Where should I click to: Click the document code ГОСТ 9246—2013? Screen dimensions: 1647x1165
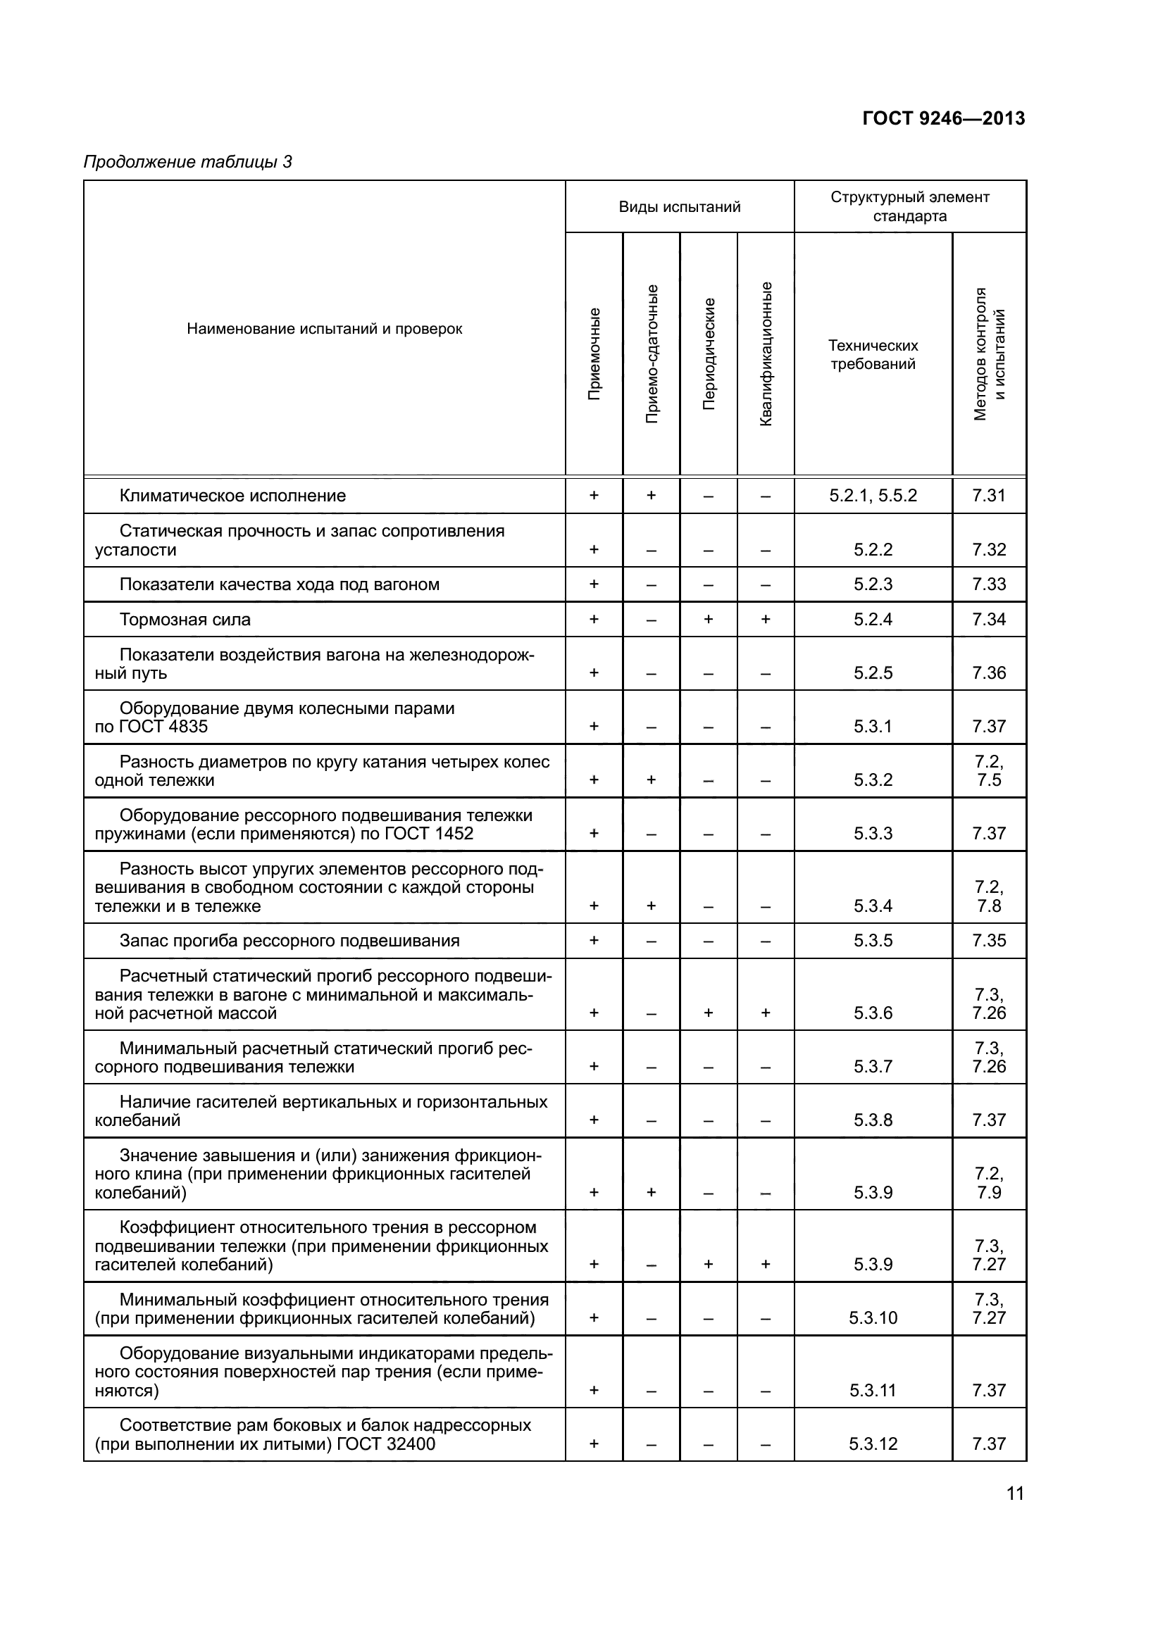coord(943,118)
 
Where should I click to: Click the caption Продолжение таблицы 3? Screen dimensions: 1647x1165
coord(188,162)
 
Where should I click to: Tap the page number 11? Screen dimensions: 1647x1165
coord(1015,1494)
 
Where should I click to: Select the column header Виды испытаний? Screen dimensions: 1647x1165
coord(679,207)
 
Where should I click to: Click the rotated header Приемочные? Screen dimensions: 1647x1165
coord(594,353)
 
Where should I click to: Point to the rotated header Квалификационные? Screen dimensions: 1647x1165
coord(766,353)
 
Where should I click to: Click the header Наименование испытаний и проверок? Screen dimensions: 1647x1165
coord(324,330)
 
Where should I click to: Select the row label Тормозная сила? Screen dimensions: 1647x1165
coord(185,620)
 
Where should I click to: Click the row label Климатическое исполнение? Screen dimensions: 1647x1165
coord(232,496)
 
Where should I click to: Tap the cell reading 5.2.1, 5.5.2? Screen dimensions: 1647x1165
coord(873,496)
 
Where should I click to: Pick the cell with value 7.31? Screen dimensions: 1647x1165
coord(988,496)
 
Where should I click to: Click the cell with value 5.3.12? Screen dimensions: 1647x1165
coord(873,1444)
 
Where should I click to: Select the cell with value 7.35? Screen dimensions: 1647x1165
coord(988,941)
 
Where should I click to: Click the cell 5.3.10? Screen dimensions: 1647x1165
coord(873,1317)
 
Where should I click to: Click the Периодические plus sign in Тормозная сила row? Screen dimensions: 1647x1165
coord(708,620)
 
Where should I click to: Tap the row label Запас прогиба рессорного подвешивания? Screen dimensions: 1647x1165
coord(289,941)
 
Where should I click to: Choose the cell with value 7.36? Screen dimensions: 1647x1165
coord(988,673)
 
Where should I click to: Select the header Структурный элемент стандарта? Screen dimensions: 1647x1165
coord(909,206)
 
